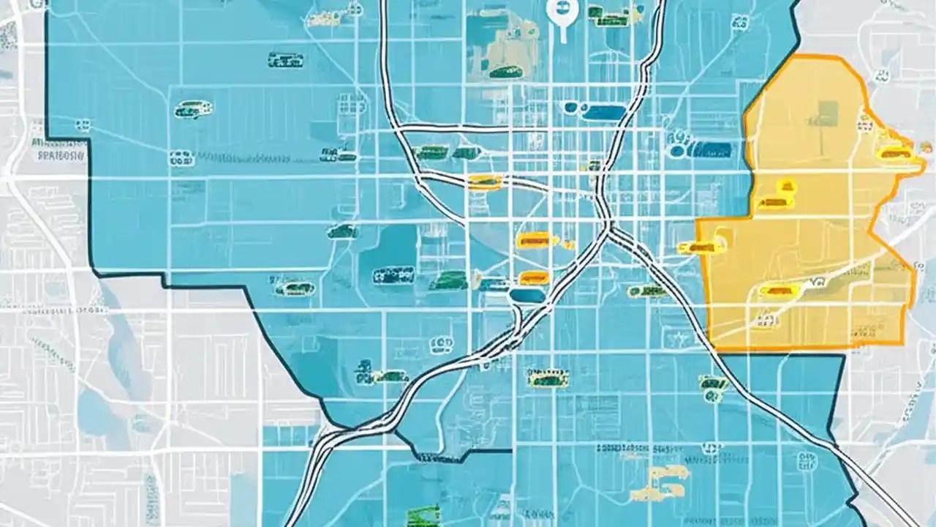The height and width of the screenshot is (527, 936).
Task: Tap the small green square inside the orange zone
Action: pos(828,111)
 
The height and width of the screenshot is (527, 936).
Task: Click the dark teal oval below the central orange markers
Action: pos(527,296)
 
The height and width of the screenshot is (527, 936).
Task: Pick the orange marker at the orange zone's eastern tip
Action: pos(896,153)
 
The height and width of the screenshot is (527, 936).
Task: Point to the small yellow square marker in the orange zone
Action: pos(787,185)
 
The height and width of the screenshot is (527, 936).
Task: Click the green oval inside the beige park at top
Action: pos(504,71)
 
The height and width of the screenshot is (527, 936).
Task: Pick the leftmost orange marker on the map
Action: pos(485,182)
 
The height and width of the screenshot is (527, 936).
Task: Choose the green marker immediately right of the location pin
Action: pos(605,13)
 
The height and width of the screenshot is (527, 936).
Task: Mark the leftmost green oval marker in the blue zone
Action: pos(193,110)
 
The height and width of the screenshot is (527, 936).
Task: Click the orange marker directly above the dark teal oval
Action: pos(534,277)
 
